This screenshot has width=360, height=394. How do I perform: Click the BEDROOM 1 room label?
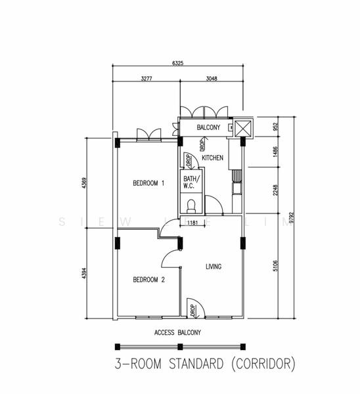[x=148, y=183]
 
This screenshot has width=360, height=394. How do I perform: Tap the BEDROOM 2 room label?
[x=148, y=280]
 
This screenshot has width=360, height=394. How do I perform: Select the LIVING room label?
[x=213, y=267]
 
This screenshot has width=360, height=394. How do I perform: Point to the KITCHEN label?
[x=212, y=158]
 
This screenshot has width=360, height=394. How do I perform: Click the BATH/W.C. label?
[x=191, y=182]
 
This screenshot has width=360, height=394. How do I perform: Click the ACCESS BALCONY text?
[x=177, y=332]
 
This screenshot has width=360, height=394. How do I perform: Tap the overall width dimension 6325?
[x=177, y=63]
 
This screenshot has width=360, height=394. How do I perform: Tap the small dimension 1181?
[x=192, y=223]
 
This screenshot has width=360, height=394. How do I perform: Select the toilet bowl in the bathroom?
[x=191, y=205]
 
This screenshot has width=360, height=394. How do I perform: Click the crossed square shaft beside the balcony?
[x=242, y=127]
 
